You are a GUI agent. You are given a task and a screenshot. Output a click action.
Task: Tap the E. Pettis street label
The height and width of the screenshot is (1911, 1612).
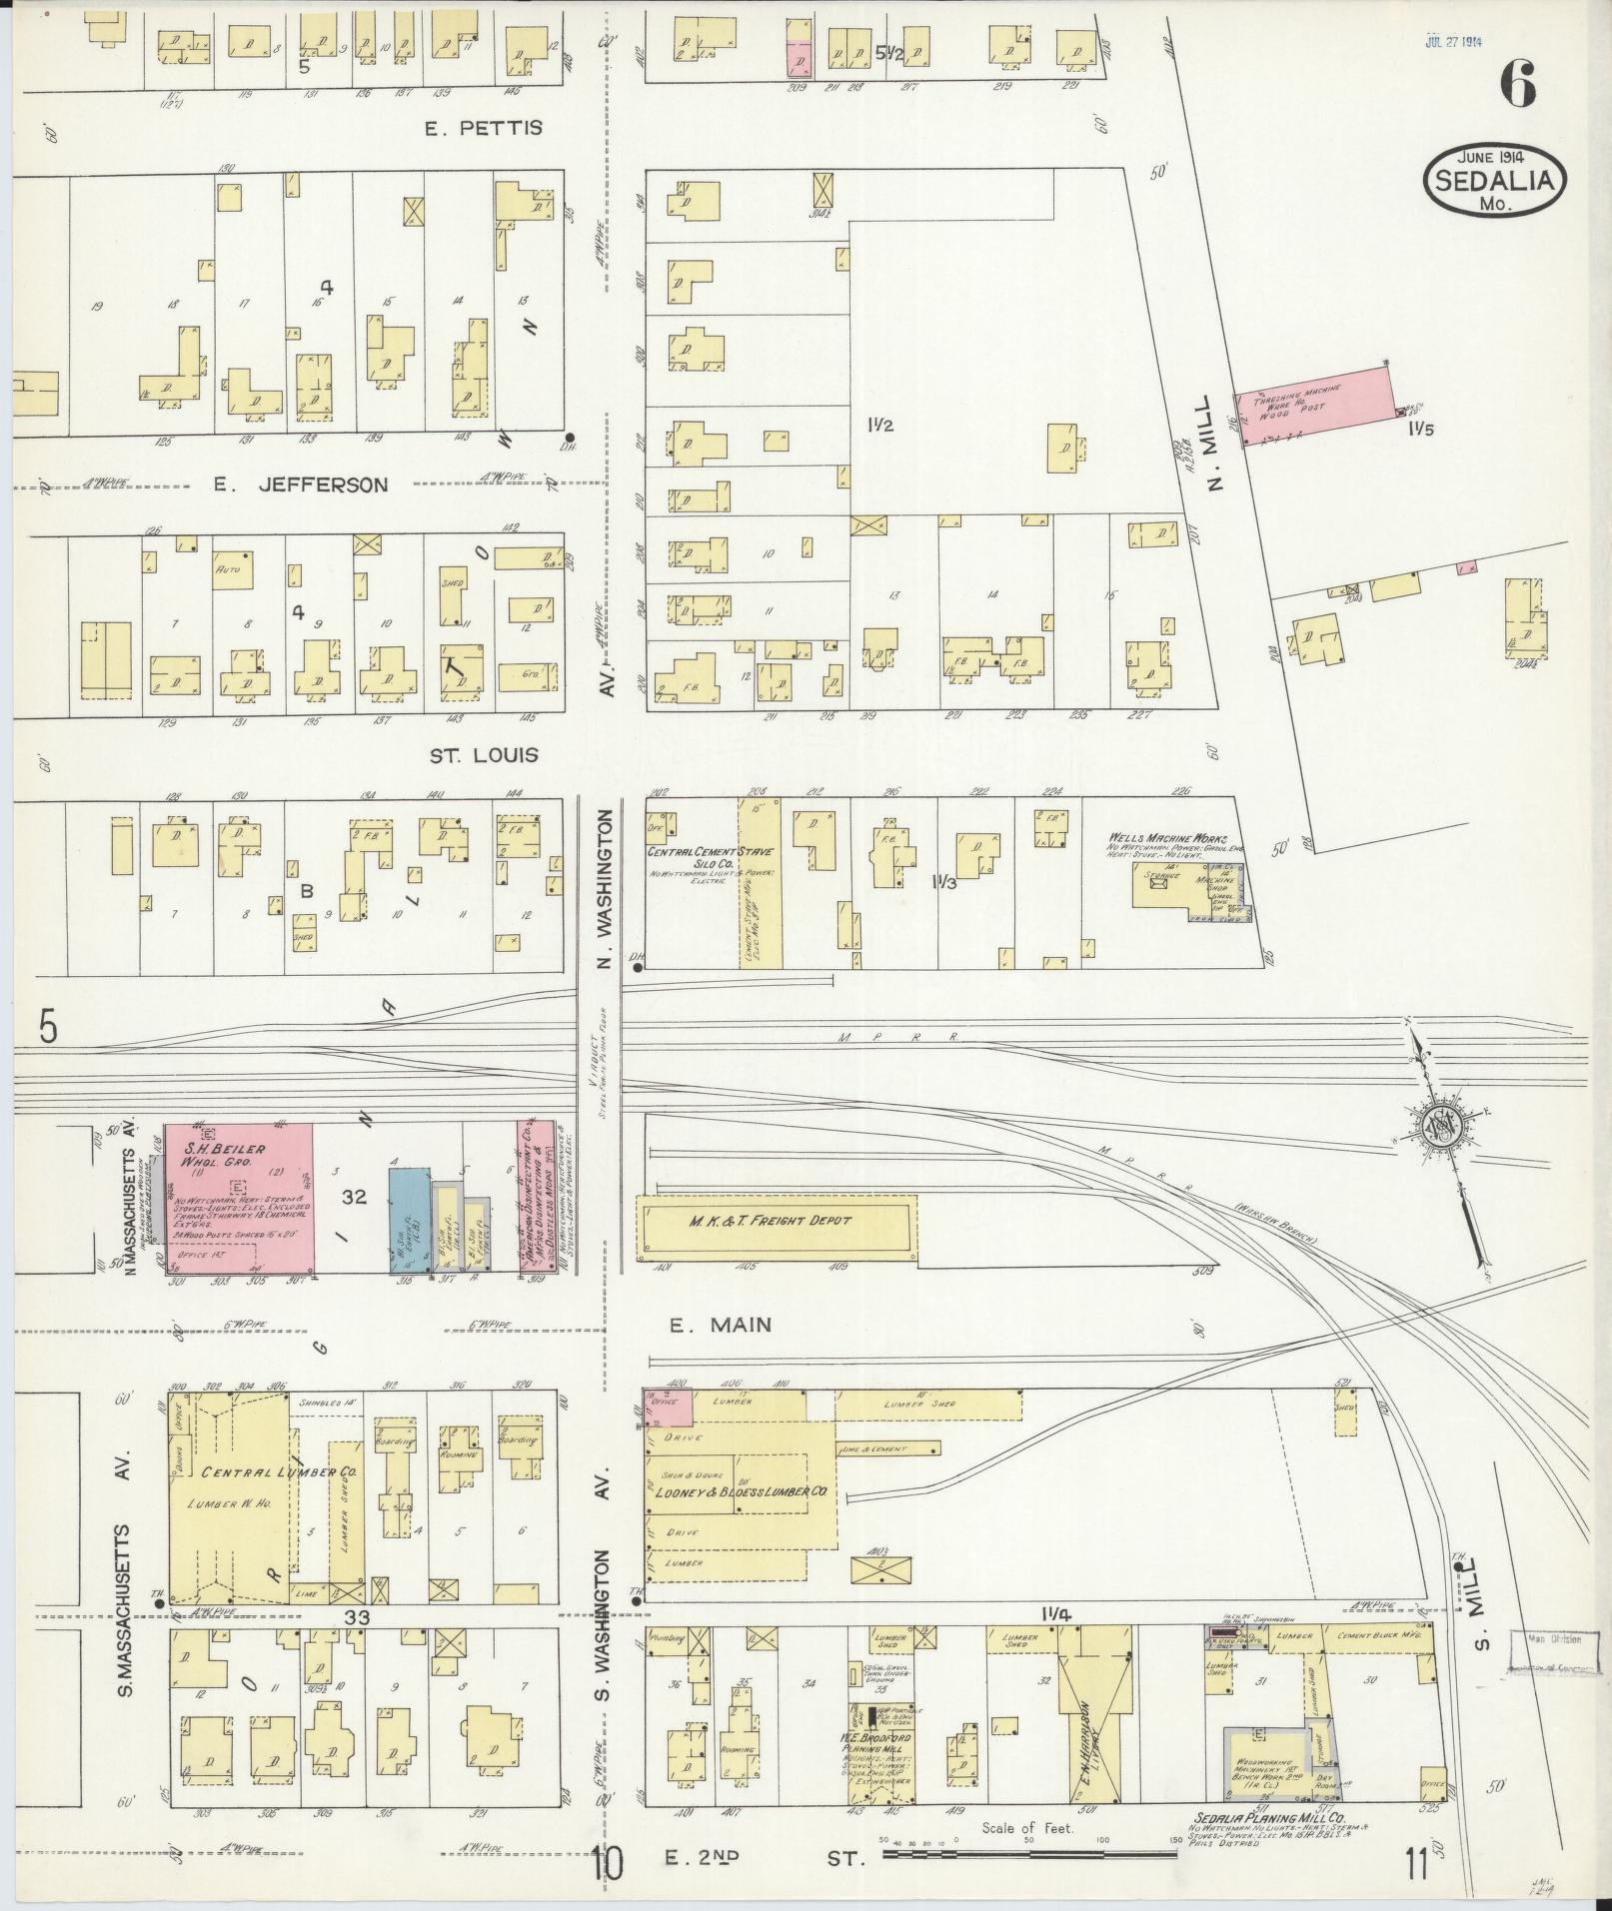point(483,128)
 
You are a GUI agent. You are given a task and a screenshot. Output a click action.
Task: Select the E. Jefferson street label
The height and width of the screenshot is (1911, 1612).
point(300,485)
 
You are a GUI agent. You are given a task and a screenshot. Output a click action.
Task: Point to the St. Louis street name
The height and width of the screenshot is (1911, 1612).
point(484,755)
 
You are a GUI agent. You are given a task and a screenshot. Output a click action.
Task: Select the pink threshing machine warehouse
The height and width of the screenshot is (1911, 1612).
point(1314,405)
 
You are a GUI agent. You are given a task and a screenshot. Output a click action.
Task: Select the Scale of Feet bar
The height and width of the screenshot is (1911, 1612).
point(1029,1854)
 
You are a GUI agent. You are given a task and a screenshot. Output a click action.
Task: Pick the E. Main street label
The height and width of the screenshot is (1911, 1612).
point(721,1325)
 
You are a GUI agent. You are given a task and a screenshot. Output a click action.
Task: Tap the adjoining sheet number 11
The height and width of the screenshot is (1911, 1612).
point(1414,1864)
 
